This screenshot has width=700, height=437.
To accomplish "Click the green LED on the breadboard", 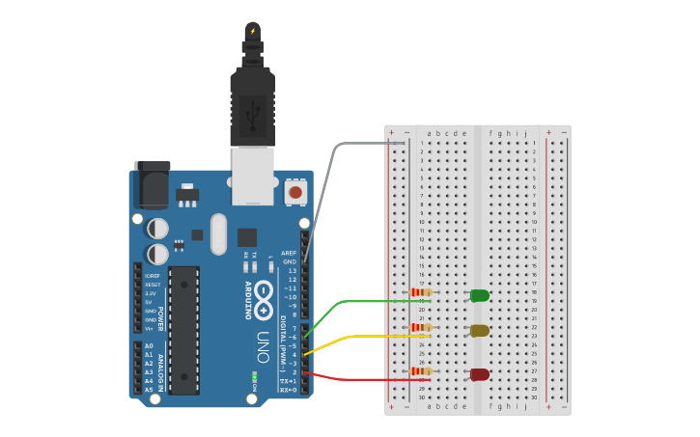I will [479, 295].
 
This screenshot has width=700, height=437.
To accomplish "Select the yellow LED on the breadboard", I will [479, 331].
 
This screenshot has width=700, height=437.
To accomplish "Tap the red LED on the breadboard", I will [479, 374].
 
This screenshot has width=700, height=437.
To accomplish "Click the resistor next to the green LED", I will [421, 292].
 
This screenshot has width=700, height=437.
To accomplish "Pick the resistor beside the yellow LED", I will [421, 328].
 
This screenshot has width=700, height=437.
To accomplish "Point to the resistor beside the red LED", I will [421, 371].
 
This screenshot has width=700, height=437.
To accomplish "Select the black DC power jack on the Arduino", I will [152, 185].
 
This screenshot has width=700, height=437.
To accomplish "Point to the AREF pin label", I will [289, 253].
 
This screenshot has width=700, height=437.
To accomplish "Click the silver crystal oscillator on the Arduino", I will [218, 233].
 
